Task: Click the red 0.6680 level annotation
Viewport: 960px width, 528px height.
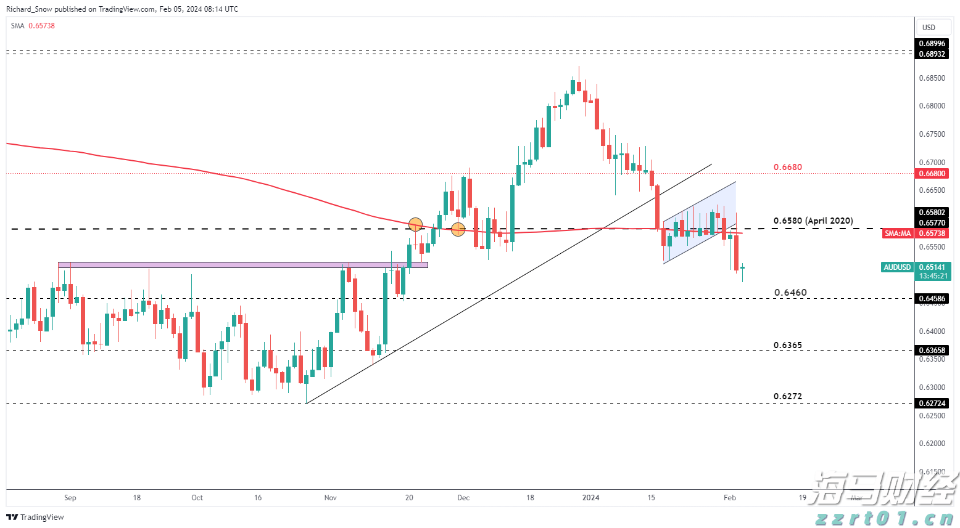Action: (x=787, y=167)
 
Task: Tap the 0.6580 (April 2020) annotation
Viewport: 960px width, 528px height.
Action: (x=813, y=221)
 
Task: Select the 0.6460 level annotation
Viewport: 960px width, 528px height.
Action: (x=790, y=293)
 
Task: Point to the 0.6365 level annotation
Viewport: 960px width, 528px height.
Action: (x=788, y=345)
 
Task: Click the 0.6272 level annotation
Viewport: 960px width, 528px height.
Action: (x=788, y=396)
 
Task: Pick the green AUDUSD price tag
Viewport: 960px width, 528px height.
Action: (x=897, y=267)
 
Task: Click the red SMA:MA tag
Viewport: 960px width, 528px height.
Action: (x=898, y=234)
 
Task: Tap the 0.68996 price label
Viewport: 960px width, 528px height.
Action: (x=932, y=44)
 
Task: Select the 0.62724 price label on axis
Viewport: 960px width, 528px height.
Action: (x=932, y=404)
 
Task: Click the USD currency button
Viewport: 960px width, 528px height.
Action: (x=929, y=27)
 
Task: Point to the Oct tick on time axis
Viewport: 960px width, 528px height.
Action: (x=197, y=498)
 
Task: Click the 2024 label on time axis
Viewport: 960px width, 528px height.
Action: (x=591, y=498)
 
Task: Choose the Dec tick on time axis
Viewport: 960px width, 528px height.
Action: (x=463, y=498)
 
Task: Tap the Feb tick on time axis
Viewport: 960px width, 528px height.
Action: (x=730, y=498)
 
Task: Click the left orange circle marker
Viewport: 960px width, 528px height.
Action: (x=415, y=224)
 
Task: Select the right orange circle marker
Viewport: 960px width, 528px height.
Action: (x=458, y=229)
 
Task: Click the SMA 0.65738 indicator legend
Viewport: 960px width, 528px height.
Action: (x=33, y=26)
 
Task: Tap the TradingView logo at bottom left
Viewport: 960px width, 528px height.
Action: (x=35, y=517)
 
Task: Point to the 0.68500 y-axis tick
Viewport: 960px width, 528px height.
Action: (x=932, y=78)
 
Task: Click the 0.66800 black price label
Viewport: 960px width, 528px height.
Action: (x=932, y=174)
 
